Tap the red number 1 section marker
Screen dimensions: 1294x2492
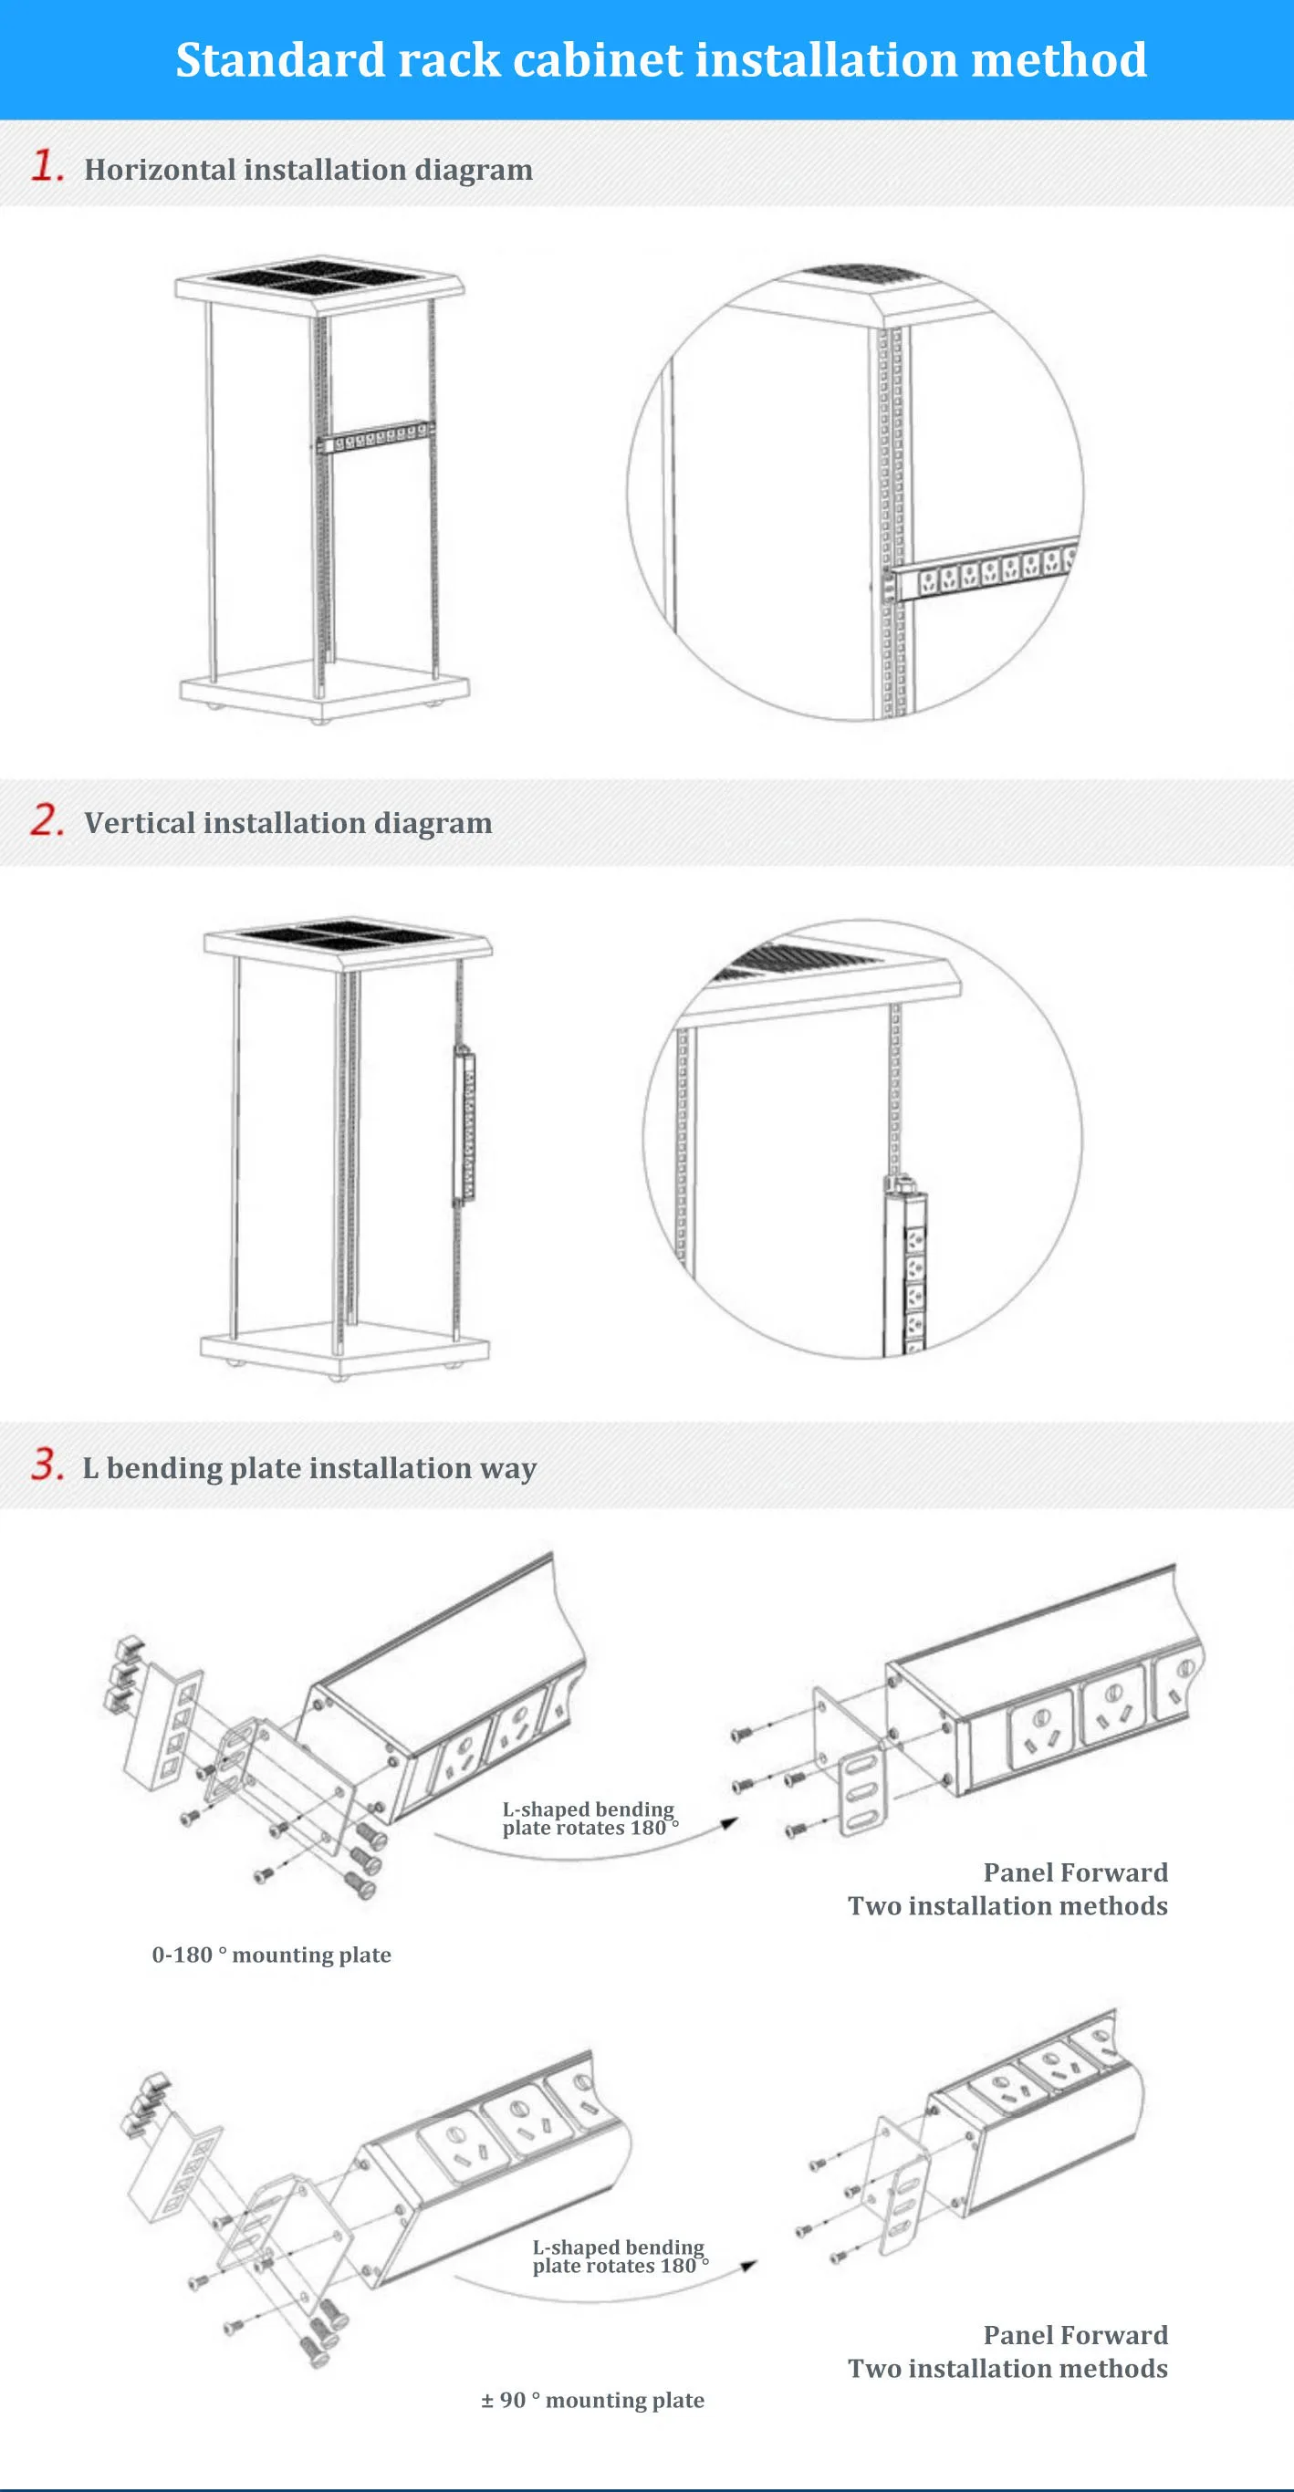tap(46, 166)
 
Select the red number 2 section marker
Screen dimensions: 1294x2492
tap(46, 820)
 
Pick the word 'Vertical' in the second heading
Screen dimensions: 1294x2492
tap(140, 823)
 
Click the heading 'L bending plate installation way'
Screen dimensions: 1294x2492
tap(309, 1468)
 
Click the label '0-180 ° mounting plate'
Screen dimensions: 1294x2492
tap(272, 1955)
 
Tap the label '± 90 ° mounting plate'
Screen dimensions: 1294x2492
tap(593, 2399)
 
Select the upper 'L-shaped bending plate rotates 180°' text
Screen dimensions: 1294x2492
tap(589, 1818)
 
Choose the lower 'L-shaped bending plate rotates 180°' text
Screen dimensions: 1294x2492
tap(619, 2256)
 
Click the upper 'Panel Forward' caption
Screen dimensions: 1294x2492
tap(1075, 1872)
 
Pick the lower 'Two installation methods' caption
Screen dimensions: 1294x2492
tap(1007, 2368)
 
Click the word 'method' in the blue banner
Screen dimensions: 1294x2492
tap(1058, 60)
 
